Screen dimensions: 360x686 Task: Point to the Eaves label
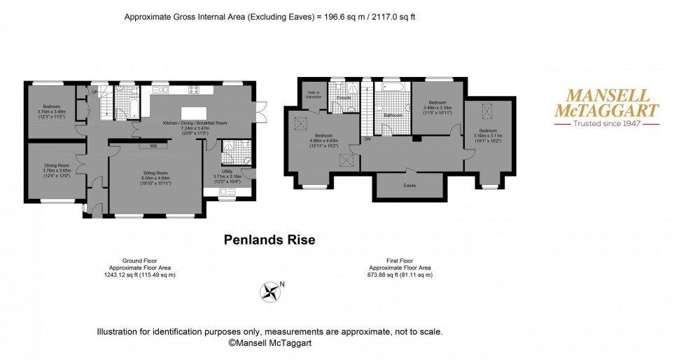click(x=410, y=186)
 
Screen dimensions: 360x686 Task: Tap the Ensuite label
click(x=343, y=97)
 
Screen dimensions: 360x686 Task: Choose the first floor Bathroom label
click(x=391, y=115)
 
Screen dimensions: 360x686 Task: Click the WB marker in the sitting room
click(x=153, y=146)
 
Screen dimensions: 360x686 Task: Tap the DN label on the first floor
click(x=367, y=139)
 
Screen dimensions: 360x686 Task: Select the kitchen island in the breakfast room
click(x=195, y=113)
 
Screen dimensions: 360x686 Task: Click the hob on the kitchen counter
click(x=195, y=89)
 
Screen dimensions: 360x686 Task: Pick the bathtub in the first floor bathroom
click(x=391, y=88)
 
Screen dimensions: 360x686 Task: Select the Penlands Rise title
click(x=269, y=240)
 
